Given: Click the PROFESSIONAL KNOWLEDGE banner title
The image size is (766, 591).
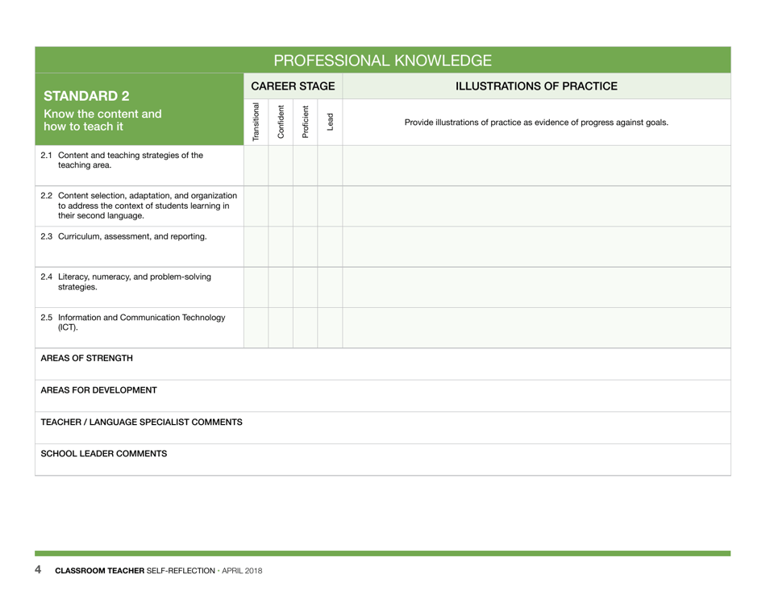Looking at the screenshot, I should click(382, 60).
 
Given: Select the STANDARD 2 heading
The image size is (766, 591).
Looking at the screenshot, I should click(86, 96).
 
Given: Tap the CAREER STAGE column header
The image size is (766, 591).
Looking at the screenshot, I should click(293, 86).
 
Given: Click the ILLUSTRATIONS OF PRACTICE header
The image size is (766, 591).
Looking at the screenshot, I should click(536, 86).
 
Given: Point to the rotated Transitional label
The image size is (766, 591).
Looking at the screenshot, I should click(256, 122).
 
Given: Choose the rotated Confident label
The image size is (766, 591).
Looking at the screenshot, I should click(281, 122).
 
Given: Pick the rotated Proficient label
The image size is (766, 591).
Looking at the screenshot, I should click(306, 122).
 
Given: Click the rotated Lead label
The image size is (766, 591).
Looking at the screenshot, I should click(330, 122).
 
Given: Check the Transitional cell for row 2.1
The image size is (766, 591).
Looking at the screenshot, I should click(256, 165).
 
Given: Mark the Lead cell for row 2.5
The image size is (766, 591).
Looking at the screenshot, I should click(330, 327).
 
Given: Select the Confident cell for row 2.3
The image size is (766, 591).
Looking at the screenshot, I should click(281, 246).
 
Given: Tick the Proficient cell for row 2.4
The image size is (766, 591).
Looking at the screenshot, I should click(306, 287).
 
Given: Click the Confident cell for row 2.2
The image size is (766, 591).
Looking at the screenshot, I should click(281, 206).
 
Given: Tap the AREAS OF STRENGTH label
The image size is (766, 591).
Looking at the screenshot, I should click(87, 358).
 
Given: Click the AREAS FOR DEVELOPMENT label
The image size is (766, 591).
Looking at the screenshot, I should click(99, 390).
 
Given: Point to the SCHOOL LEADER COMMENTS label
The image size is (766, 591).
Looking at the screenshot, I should click(104, 454).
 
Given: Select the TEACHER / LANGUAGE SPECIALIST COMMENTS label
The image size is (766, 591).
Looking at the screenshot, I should click(142, 422).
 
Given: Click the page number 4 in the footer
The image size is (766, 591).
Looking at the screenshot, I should click(38, 570).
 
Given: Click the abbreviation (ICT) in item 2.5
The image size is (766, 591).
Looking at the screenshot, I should click(69, 328).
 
